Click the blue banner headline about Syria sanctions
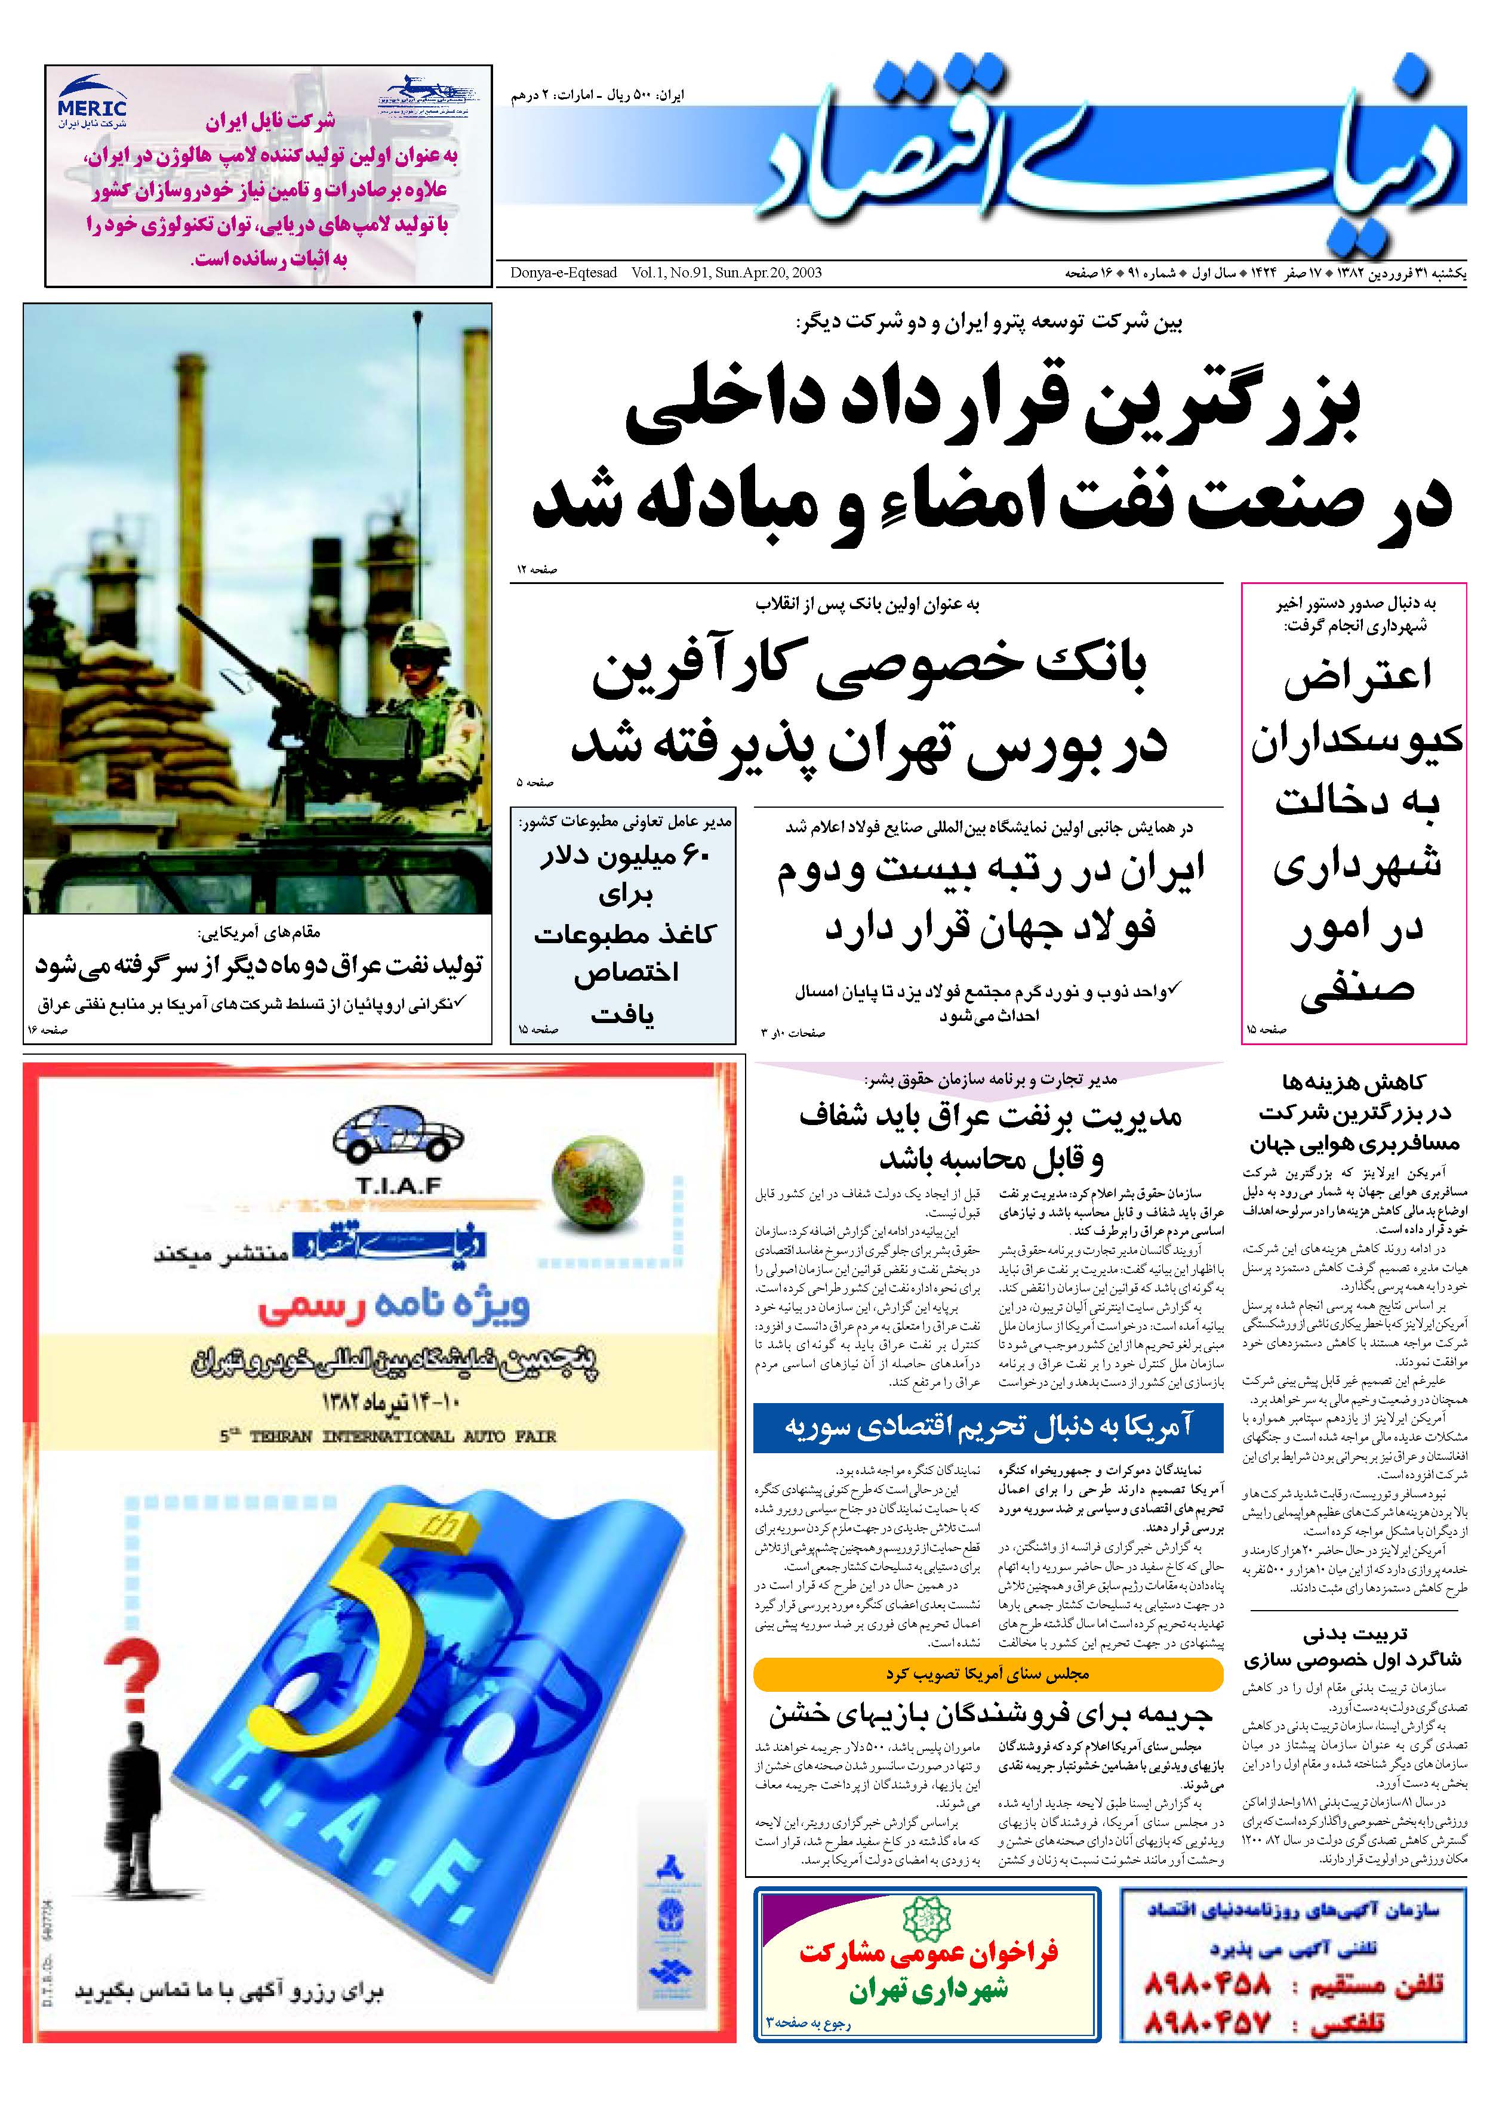click(x=988, y=1427)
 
